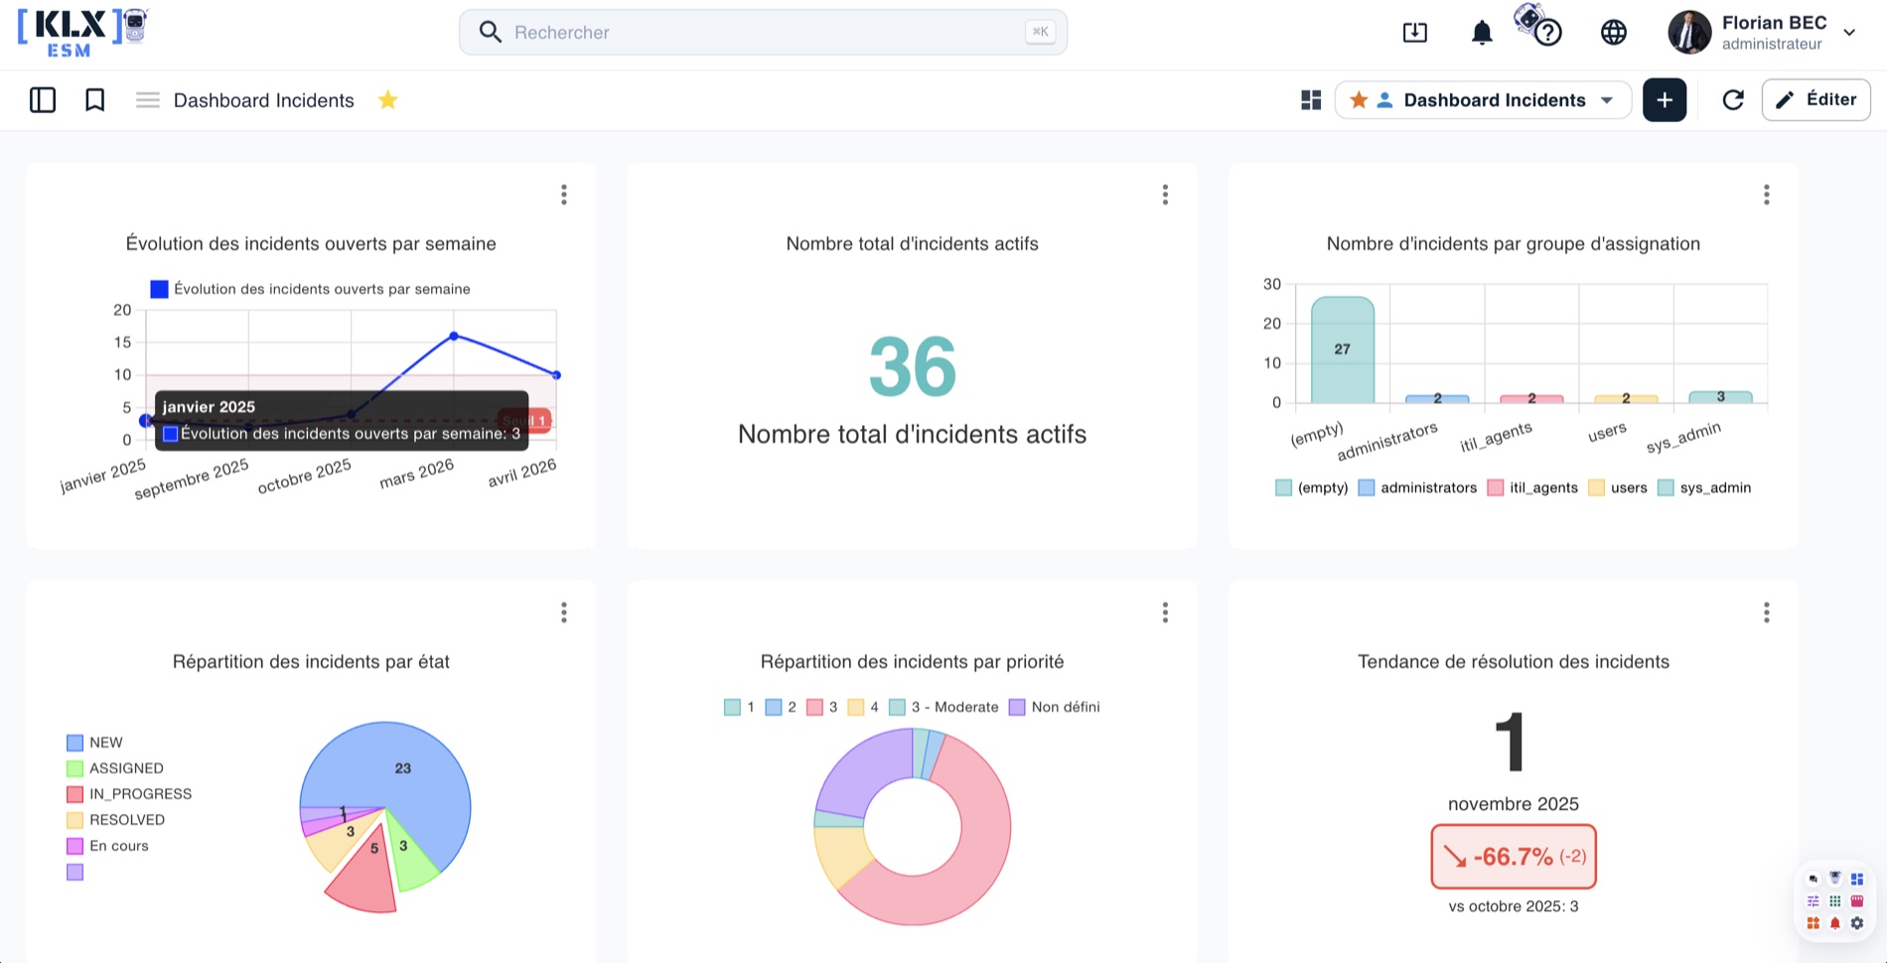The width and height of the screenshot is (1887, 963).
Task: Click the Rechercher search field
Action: tap(763, 33)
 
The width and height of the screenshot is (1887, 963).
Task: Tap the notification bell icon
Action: tap(1482, 33)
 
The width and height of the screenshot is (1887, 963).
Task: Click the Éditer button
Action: tap(1815, 99)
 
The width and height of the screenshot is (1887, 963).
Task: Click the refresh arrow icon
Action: tap(1733, 99)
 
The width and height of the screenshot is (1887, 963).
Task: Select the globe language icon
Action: tap(1614, 33)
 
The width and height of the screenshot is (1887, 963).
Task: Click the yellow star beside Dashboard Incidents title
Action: tap(387, 100)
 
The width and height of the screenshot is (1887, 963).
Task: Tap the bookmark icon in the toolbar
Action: tap(95, 100)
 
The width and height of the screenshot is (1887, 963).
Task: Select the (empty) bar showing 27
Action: tap(1343, 349)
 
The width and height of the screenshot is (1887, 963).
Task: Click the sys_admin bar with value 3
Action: tap(1720, 397)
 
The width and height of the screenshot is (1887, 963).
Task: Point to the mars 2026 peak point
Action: tap(454, 336)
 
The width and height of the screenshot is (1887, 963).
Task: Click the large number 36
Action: tap(913, 367)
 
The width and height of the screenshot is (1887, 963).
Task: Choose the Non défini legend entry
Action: tap(1055, 707)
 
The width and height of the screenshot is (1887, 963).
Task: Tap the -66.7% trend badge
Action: tap(1514, 857)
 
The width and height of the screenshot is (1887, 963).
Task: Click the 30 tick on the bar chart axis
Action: tap(1272, 284)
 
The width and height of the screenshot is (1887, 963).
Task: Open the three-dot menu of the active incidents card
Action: tap(1165, 195)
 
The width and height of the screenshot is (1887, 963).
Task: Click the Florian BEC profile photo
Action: tap(1689, 33)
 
